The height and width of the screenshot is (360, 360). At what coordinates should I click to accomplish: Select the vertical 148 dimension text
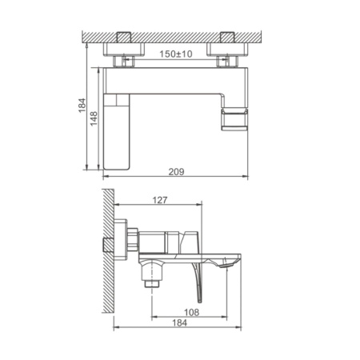pyautogui.click(x=94, y=118)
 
